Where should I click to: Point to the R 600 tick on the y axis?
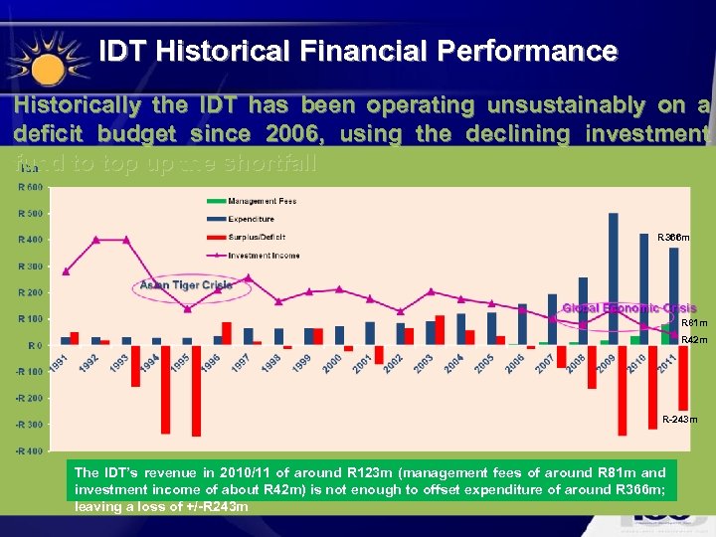pyautogui.click(x=29, y=187)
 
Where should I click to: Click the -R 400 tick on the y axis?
pyautogui.click(x=29, y=450)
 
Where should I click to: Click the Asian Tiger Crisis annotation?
pyautogui.click(x=186, y=285)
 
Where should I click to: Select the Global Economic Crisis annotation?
pyautogui.click(x=629, y=308)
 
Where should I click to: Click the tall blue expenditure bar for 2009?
pyautogui.click(x=614, y=278)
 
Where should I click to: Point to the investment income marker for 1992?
pyautogui.click(x=96, y=240)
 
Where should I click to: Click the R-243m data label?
pyautogui.click(x=680, y=420)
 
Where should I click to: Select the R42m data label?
pyautogui.click(x=694, y=340)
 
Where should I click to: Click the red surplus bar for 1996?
pyautogui.click(x=227, y=333)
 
